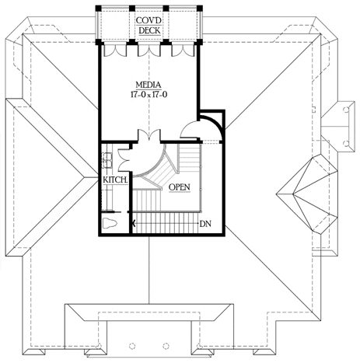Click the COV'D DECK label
pyautogui.click(x=149, y=26)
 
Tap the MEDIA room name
pyautogui.click(x=149, y=85)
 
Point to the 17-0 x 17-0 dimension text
pyautogui.click(x=149, y=95)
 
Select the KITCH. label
pyautogui.click(x=115, y=180)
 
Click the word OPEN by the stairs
pyautogui.click(x=180, y=187)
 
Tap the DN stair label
pyautogui.click(x=205, y=224)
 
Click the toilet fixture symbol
pyautogui.click(x=110, y=223)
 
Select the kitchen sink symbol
pyautogui.click(x=107, y=160)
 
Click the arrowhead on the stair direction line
pyautogui.click(x=134, y=223)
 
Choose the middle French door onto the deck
pyautogui.click(x=149, y=51)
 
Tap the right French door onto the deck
pyautogui.click(x=183, y=51)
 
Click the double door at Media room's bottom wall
pyautogui.click(x=149, y=135)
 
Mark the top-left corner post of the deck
pyautogui.click(x=98, y=8)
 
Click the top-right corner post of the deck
pyautogui.click(x=200, y=8)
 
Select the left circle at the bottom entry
pyautogui.click(x=132, y=346)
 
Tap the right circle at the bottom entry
pyautogui.click(x=166, y=346)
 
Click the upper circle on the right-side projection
pyautogui.click(x=346, y=110)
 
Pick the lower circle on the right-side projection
pyautogui.click(x=346, y=143)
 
